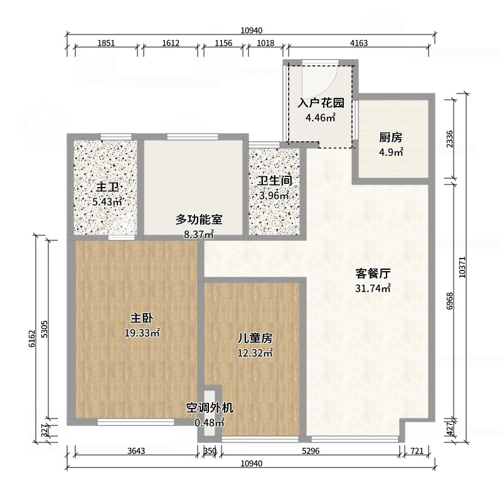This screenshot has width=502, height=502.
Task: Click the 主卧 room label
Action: (x=142, y=318)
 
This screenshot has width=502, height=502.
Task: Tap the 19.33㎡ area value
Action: (x=142, y=333)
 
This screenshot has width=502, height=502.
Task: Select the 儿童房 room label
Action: (x=255, y=338)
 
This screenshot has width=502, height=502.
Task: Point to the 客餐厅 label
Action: (x=373, y=274)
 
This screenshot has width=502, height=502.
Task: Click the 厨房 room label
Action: (x=390, y=137)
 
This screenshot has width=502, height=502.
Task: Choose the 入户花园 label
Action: (x=321, y=103)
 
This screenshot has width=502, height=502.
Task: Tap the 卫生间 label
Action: (x=275, y=181)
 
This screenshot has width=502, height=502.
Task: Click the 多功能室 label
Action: (x=199, y=220)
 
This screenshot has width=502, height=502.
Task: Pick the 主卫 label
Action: (x=107, y=187)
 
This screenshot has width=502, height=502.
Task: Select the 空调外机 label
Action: (x=210, y=408)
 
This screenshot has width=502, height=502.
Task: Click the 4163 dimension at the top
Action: (x=359, y=43)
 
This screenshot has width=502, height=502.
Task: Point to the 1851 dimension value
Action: (x=106, y=43)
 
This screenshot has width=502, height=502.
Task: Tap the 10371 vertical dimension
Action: (x=462, y=267)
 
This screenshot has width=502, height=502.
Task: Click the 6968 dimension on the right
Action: (x=449, y=301)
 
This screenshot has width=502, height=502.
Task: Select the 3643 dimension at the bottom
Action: (x=136, y=451)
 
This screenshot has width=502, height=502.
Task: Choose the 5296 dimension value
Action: (x=311, y=451)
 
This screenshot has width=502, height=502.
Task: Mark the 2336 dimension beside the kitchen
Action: (x=449, y=139)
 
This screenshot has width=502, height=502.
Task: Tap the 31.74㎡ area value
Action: (x=373, y=289)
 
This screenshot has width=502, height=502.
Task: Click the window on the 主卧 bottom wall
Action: (x=136, y=422)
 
